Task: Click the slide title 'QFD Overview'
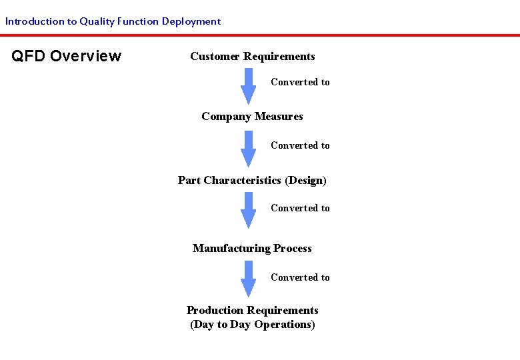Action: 67,56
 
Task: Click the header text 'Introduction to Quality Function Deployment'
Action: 113,21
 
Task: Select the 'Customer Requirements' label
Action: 253,57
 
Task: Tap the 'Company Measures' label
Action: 252,117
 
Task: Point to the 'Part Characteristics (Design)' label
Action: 252,181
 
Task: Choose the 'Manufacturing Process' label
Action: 252,249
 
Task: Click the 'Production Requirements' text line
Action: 253,311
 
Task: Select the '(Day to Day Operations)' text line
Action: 253,325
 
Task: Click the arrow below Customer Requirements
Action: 248,86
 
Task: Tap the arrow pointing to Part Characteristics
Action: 248,148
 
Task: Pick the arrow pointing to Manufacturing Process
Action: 248,210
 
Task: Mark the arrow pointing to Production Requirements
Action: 248,278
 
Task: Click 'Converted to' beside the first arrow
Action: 300,83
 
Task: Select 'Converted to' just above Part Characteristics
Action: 300,146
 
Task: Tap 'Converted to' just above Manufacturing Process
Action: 300,209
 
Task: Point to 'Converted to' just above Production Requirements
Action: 300,278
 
